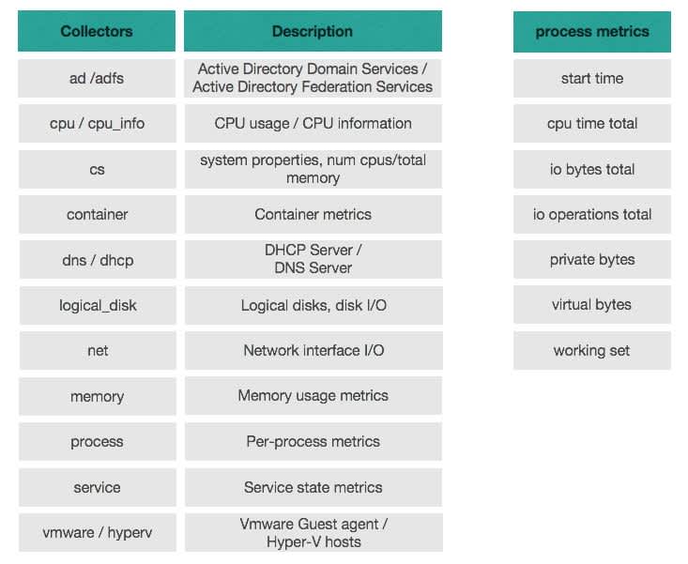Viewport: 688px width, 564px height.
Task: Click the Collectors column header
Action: pos(97,31)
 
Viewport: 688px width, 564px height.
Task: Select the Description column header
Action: pos(313,31)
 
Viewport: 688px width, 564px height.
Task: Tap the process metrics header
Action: pos(592,32)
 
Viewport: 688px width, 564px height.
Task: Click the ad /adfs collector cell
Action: pos(97,79)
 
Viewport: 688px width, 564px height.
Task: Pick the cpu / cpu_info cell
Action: pos(97,124)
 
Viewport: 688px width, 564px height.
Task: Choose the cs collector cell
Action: pos(97,169)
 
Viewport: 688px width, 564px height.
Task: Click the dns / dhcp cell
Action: pos(98,260)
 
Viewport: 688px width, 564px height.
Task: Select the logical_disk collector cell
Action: pos(98,306)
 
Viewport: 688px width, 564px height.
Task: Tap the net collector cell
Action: pos(98,351)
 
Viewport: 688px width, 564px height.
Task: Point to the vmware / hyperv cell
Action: pos(98,532)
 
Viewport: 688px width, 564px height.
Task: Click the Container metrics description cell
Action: pos(313,215)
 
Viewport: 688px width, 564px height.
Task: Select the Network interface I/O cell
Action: pos(313,351)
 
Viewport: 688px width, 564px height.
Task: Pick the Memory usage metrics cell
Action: pos(313,396)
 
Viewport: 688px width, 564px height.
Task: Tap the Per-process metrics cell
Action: pos(313,442)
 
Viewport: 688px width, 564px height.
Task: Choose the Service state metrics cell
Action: pos(313,487)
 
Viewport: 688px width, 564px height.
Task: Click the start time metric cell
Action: pos(592,79)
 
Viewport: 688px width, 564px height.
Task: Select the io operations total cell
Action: pos(592,215)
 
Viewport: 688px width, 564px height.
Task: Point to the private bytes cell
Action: pos(592,260)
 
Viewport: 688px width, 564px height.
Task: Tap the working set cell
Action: pos(592,351)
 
